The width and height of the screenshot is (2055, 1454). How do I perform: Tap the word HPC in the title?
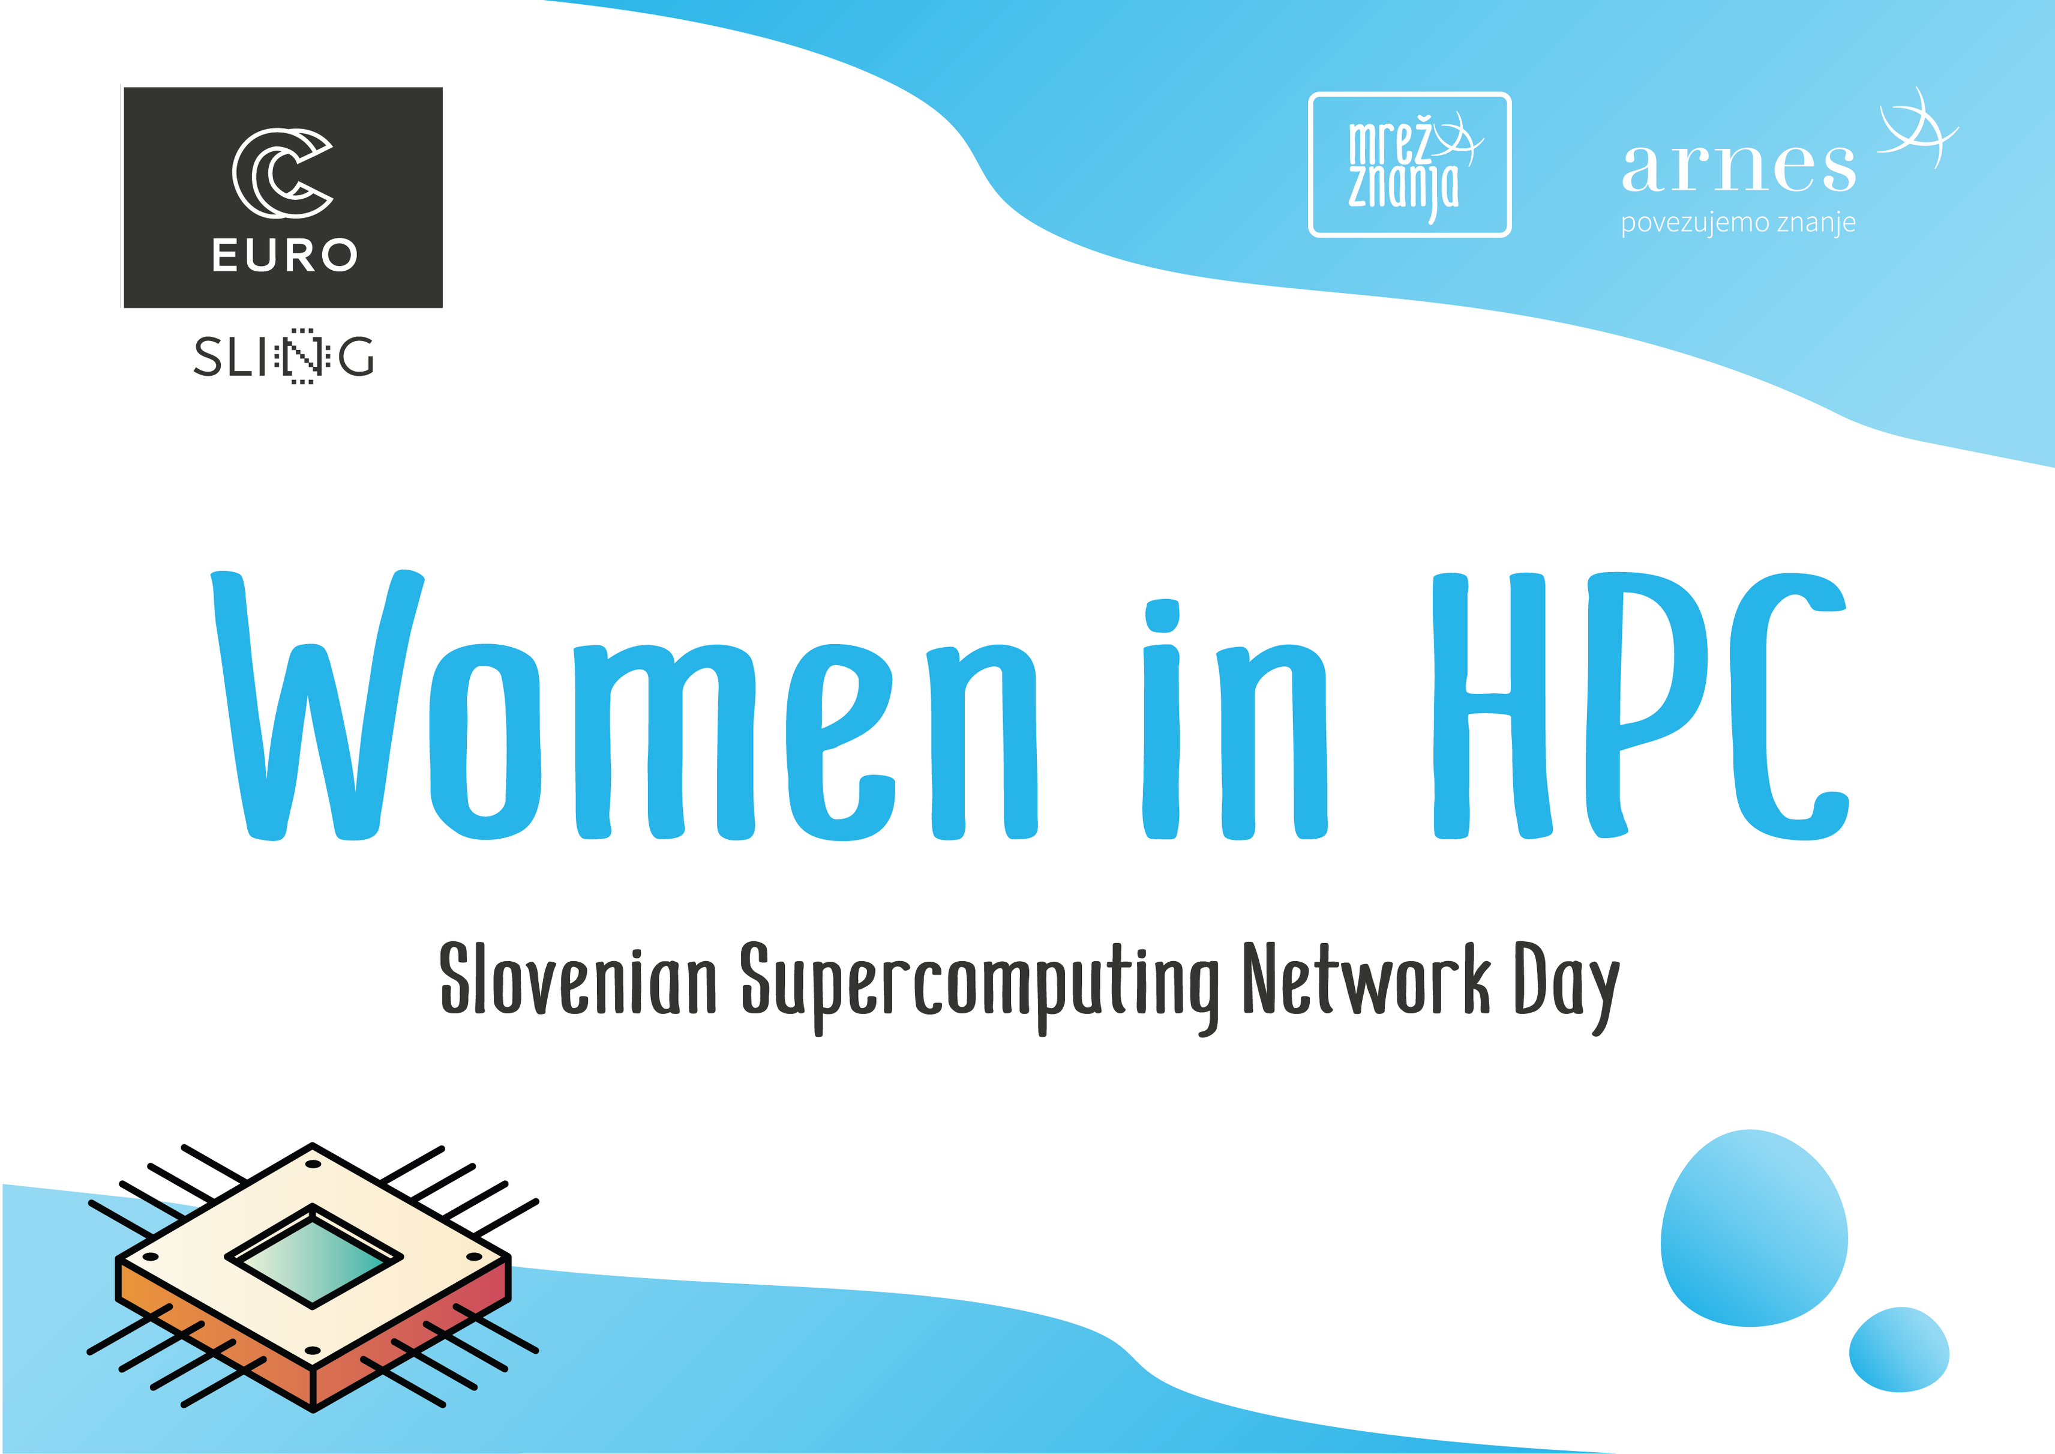pyautogui.click(x=1640, y=705)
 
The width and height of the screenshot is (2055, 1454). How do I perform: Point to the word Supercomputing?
pyautogui.click(x=980, y=988)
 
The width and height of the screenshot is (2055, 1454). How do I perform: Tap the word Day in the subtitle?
pyautogui.click(x=1567, y=988)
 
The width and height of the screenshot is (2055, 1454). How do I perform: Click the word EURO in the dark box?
pyautogui.click(x=284, y=255)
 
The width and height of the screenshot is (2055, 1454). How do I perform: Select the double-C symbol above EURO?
pyautogui.click(x=283, y=173)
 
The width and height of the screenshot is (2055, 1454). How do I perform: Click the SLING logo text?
pyautogui.click(x=284, y=357)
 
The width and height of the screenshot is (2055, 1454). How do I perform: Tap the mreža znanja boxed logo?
pyautogui.click(x=1409, y=164)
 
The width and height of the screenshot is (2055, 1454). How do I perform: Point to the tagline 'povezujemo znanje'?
pyautogui.click(x=1738, y=223)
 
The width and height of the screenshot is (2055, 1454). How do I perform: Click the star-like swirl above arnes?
pyautogui.click(x=1917, y=130)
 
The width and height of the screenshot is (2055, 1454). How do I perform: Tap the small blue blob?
pyautogui.click(x=1898, y=1350)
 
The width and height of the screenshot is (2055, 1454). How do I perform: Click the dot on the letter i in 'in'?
pyautogui.click(x=1162, y=616)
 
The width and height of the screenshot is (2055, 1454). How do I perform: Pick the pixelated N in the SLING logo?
pyautogui.click(x=302, y=357)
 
